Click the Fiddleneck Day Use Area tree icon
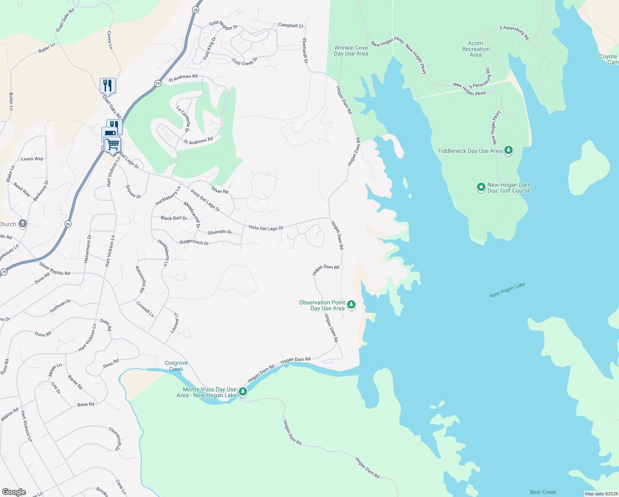click(x=509, y=150)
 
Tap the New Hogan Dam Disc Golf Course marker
click(x=481, y=188)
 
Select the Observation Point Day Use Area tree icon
click(x=351, y=305)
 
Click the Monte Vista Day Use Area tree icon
click(x=243, y=391)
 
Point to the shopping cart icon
click(x=113, y=145)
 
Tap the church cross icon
click(x=23, y=224)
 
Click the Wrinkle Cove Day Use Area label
click(x=351, y=51)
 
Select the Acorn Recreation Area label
click(x=476, y=49)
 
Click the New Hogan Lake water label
click(x=507, y=290)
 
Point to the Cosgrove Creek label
click(x=176, y=366)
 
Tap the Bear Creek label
click(x=543, y=492)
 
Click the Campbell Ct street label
click(x=290, y=25)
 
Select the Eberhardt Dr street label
click(x=305, y=51)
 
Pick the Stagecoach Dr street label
click(x=194, y=242)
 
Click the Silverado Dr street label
click(x=220, y=232)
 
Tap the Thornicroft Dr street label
click(x=115, y=439)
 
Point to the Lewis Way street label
click(x=32, y=159)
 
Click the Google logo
click(x=14, y=492)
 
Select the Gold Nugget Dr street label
click(x=223, y=25)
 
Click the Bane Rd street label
click(x=86, y=404)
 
